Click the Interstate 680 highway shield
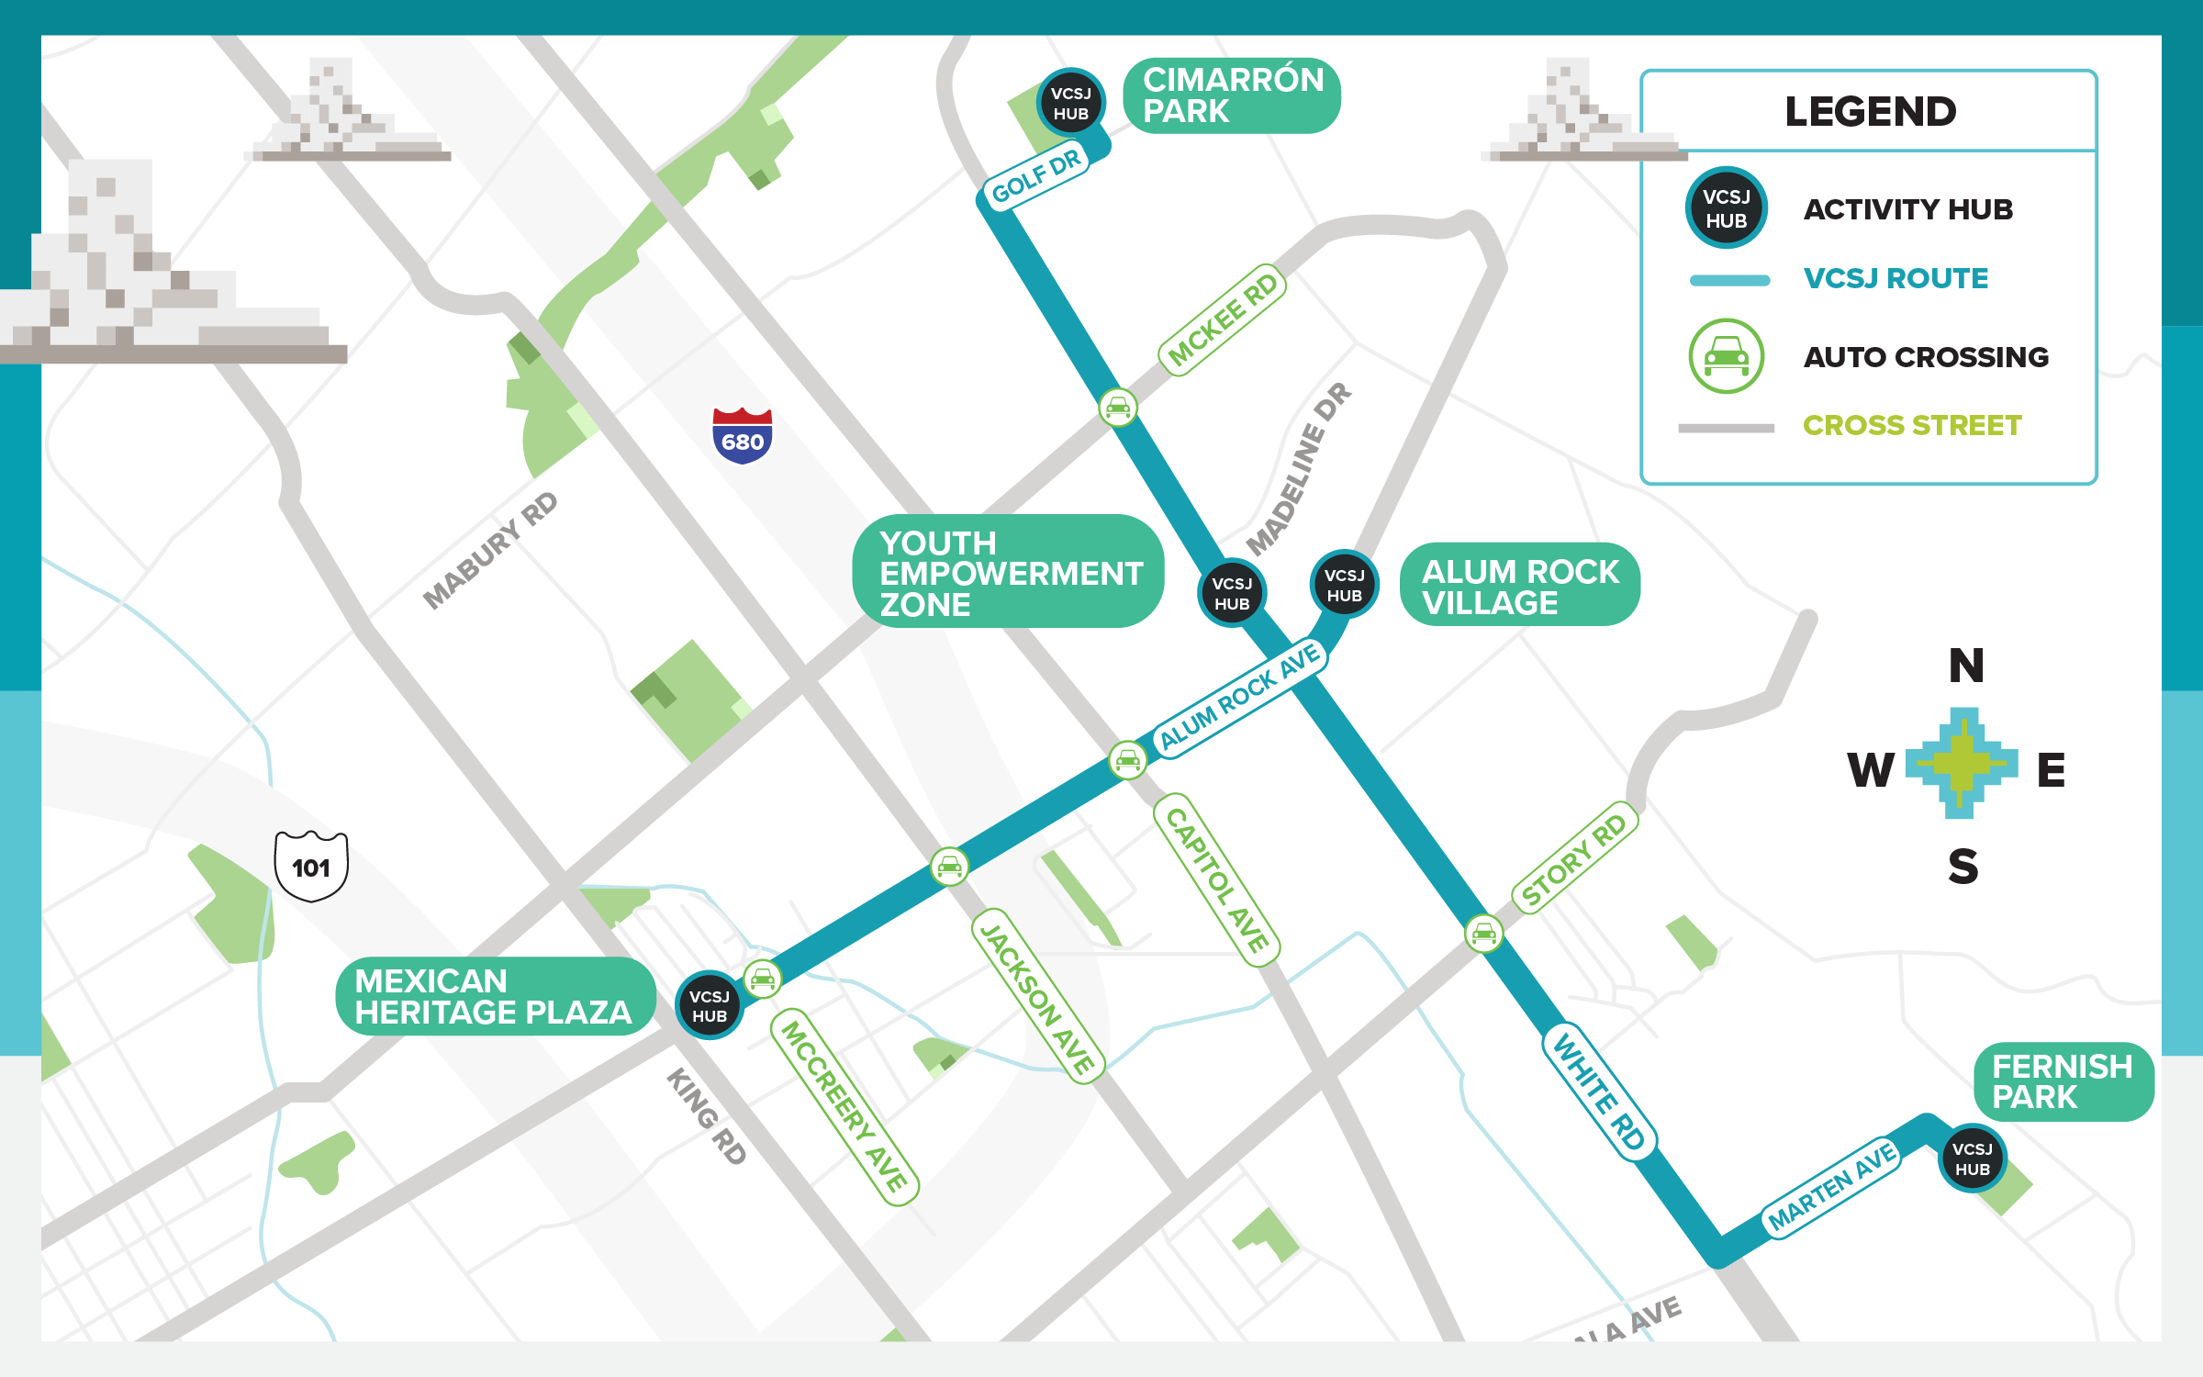tap(743, 436)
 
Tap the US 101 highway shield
tap(311, 866)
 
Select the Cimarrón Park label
tap(1231, 95)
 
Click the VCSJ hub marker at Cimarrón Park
tap(1070, 103)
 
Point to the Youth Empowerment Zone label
tap(1008, 572)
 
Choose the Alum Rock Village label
tap(1519, 586)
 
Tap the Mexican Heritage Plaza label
tap(495, 996)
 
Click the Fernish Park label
tap(2063, 1081)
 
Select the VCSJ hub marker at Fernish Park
tap(1972, 1159)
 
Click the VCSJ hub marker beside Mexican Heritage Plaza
tap(709, 1005)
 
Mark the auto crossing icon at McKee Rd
tap(1118, 407)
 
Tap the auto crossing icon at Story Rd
tap(1484, 934)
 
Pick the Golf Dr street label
tap(1036, 176)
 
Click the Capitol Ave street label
tap(1216, 879)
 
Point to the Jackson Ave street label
tap(1038, 997)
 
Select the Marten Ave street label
tap(1832, 1186)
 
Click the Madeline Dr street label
tap(1298, 469)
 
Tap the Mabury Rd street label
tap(490, 550)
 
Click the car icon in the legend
tap(1726, 356)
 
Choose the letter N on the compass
tap(1966, 666)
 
